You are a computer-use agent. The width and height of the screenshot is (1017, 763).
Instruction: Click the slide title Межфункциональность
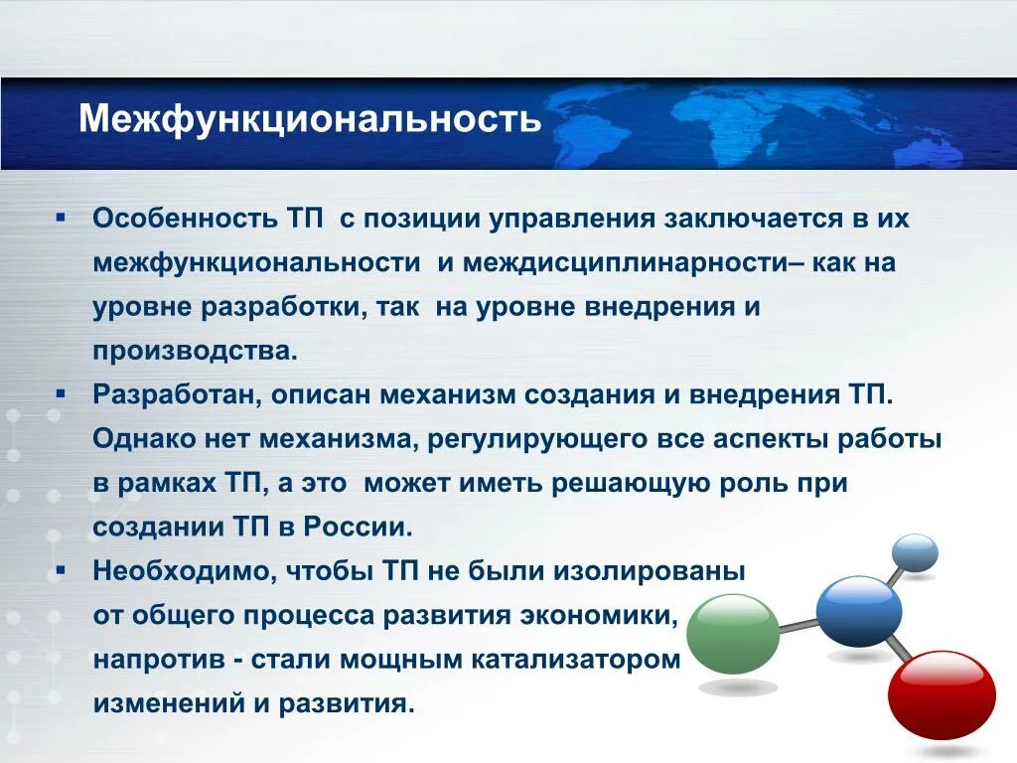(x=310, y=119)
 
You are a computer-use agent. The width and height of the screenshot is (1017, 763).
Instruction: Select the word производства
(x=195, y=352)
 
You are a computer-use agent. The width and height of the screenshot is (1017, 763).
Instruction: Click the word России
(x=359, y=528)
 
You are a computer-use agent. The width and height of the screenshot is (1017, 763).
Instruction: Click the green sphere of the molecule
(x=732, y=634)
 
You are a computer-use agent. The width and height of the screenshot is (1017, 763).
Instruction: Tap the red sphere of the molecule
(x=941, y=693)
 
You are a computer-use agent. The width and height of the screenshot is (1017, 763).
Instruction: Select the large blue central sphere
(x=858, y=611)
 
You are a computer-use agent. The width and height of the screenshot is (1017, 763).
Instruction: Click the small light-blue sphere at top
(x=914, y=552)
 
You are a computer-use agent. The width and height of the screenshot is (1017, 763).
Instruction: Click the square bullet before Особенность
(x=62, y=216)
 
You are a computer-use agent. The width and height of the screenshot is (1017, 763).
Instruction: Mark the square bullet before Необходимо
(x=62, y=570)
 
